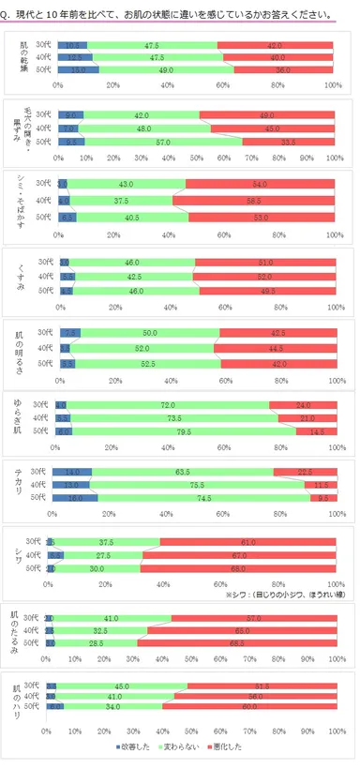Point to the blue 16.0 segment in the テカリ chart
coord(77,498)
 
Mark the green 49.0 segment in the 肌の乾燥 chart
coord(165,69)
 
